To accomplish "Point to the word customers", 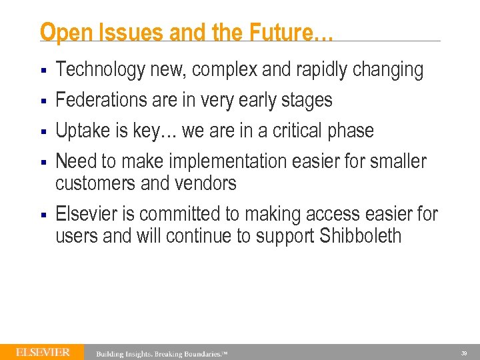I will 99,183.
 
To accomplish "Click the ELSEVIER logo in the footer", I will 43,352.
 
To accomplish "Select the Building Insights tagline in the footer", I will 162,353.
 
